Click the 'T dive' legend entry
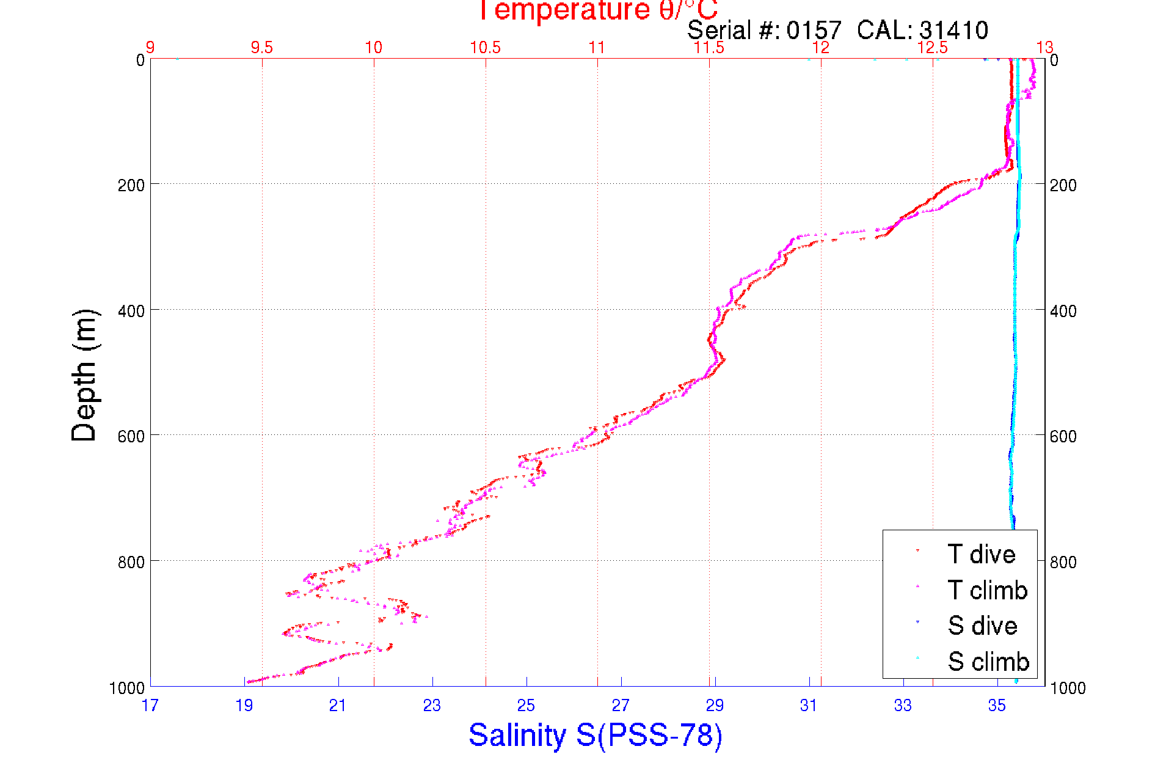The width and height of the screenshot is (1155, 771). point(980,554)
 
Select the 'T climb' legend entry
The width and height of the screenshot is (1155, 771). point(986,590)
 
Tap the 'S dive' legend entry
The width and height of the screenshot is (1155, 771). point(982,626)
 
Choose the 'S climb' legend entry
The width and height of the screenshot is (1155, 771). point(988,662)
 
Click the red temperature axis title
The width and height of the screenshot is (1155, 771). point(597,10)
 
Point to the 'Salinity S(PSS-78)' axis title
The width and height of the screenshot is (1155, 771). point(596,734)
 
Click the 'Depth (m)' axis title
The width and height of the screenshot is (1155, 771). point(84,375)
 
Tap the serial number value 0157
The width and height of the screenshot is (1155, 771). point(814,30)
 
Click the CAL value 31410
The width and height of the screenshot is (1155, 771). point(953,30)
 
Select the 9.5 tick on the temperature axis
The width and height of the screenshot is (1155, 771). point(262,48)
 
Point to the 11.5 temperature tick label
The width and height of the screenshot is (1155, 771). point(709,48)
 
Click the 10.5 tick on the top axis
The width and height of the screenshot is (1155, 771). point(486,48)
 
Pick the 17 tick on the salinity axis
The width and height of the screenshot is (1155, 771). point(150,706)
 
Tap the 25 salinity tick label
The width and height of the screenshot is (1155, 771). point(526,706)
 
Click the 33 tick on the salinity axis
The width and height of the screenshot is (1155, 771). point(903,706)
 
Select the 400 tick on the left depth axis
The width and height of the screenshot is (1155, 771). point(131,310)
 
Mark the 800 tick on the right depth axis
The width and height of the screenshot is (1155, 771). point(1063,561)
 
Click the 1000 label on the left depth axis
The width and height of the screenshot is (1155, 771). point(127,688)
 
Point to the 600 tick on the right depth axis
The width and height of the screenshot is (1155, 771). point(1063,436)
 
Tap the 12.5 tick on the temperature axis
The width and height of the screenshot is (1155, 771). point(933,48)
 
